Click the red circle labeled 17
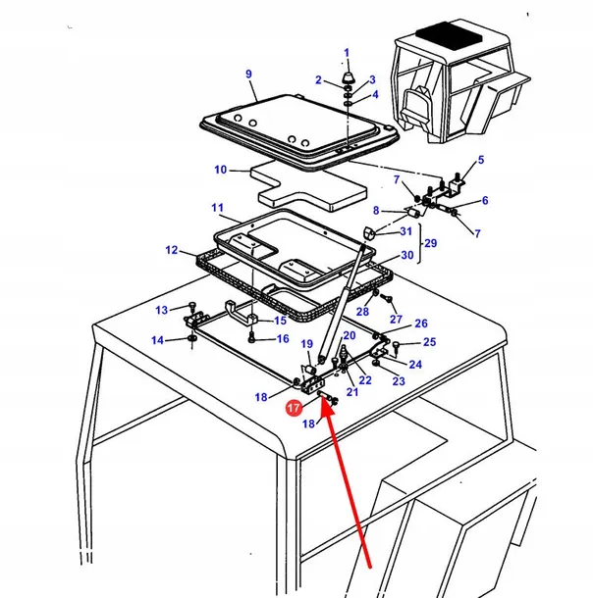coord(294,408)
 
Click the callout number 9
coord(248,75)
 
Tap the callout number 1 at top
coord(346,52)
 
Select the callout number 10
coord(220,170)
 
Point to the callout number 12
coord(172,251)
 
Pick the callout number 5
coord(481,160)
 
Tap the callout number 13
coord(161,311)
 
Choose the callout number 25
coord(428,342)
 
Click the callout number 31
coord(406,231)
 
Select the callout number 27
coord(396,320)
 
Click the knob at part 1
coord(347,75)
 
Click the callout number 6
coord(484,201)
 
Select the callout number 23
coord(398,381)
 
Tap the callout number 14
coord(157,340)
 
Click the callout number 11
coord(217,209)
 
